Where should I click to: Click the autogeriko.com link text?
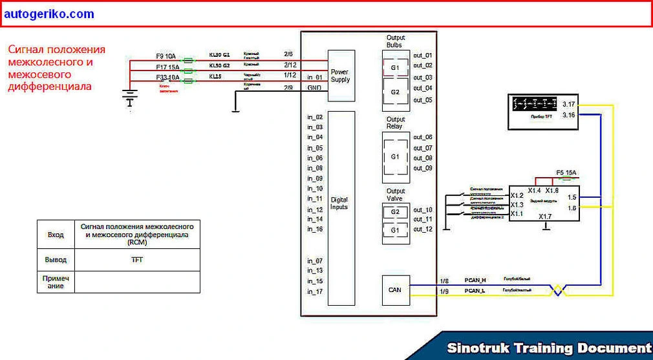tap(48, 14)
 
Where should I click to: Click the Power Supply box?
tap(340, 75)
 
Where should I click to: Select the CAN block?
tap(394, 290)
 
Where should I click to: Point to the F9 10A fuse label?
tap(166, 56)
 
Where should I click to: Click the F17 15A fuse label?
tap(167, 67)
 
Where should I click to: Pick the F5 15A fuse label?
tap(566, 173)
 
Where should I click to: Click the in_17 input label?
tap(315, 291)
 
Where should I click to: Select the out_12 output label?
tap(423, 229)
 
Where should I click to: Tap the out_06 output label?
tap(423, 138)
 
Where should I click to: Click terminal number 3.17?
tap(569, 103)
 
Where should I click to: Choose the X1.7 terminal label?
tap(545, 217)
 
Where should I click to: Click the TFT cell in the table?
tap(136, 260)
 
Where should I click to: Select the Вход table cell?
tap(56, 235)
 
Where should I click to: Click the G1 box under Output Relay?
tap(395, 157)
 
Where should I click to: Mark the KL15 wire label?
tap(215, 76)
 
